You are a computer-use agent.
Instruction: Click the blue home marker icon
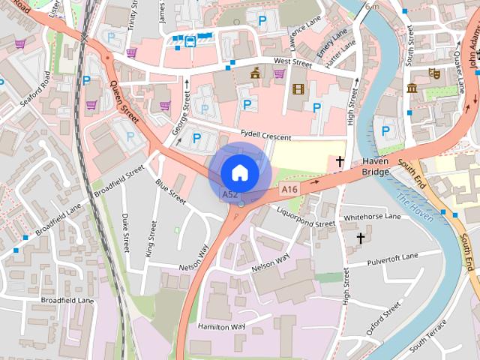239,172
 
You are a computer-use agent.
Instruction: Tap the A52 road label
230,195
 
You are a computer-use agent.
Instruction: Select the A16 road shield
289,190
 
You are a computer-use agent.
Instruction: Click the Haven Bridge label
375,166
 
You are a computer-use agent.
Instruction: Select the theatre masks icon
433,73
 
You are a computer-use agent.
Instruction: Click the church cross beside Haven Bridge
340,161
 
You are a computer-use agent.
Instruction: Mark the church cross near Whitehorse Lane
360,238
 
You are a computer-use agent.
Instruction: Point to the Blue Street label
170,191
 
